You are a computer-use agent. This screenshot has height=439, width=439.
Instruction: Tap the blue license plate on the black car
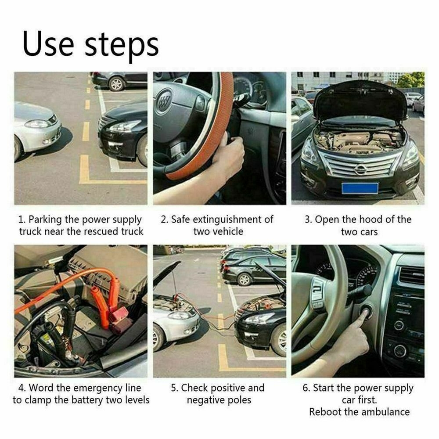point(360,188)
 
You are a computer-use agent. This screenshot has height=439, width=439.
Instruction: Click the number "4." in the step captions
point(22,388)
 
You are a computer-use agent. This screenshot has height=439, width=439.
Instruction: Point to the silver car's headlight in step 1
point(37,124)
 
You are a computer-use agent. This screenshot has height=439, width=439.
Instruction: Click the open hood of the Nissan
point(360,99)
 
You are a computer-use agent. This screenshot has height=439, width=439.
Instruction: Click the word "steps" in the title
point(122,44)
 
